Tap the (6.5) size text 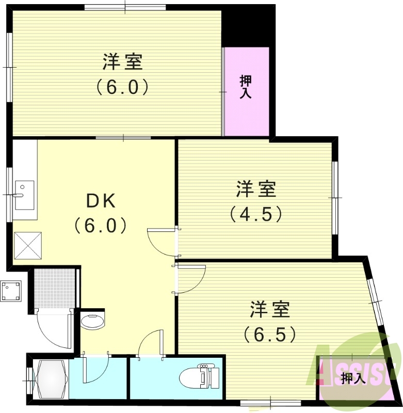(270, 335)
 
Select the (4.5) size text (256, 213)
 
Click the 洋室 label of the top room (122, 62)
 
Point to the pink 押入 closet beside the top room (246, 91)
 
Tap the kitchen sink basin (24, 195)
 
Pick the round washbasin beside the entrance (93, 320)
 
